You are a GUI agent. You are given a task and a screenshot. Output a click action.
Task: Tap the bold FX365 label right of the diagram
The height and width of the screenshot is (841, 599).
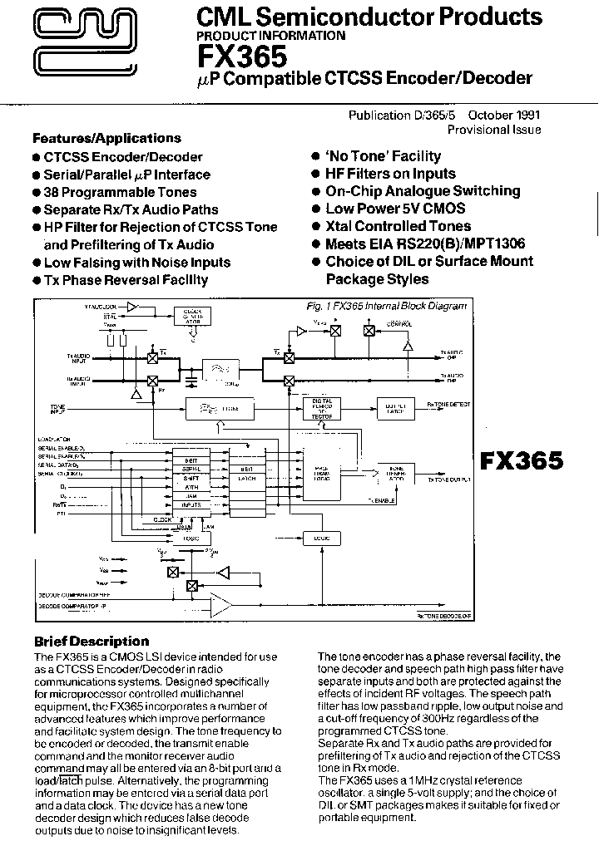pos(522,460)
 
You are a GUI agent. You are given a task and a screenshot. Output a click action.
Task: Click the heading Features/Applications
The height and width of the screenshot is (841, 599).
pos(106,138)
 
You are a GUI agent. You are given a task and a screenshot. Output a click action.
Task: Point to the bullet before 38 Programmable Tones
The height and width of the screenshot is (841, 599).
pos(37,193)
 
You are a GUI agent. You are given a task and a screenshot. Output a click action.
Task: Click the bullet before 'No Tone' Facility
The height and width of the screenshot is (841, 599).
pos(315,156)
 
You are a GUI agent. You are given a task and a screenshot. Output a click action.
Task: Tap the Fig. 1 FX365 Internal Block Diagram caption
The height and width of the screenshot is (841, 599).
pos(387,306)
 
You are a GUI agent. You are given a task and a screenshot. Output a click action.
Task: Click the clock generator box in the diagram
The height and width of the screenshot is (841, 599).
pos(193,314)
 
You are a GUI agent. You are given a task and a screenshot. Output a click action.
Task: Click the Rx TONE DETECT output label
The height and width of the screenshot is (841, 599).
pos(448,404)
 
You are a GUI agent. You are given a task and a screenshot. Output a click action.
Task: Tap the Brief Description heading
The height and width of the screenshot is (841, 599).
pos(91,642)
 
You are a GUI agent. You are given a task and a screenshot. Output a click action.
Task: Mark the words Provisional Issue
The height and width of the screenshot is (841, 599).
pos(494,130)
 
